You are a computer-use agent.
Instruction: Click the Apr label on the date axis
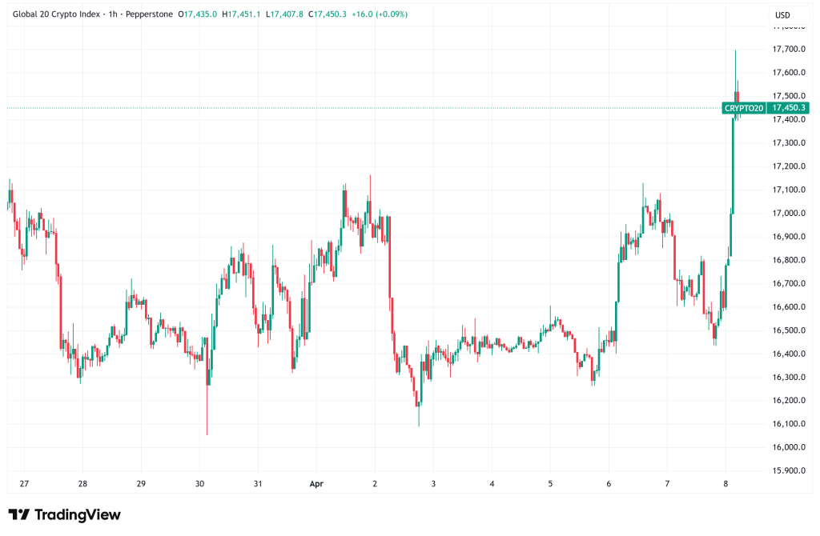coord(316,483)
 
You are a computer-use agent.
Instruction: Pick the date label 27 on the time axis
coord(24,483)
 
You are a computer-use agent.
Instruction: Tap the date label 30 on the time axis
coord(199,483)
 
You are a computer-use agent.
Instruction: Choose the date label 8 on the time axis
coord(726,483)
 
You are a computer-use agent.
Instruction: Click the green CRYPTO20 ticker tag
coord(743,108)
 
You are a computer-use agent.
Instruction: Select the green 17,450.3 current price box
coord(788,108)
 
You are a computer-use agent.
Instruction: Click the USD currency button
coord(784,15)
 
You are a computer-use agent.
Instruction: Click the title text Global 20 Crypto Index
coord(55,14)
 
